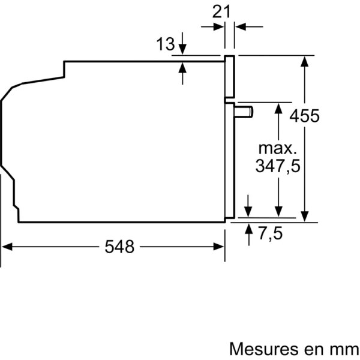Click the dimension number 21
click(221, 12)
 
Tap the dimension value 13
click(166, 44)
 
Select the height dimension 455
click(304, 116)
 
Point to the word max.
click(277, 149)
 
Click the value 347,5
click(278, 166)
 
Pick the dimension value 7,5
click(271, 233)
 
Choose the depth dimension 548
click(119, 247)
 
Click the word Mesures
click(265, 349)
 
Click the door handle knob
click(244, 112)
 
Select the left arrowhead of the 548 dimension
click(7, 247)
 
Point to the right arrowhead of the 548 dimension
click(218, 247)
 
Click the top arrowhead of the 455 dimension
click(304, 62)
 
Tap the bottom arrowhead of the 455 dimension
click(304, 217)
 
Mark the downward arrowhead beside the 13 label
click(182, 49)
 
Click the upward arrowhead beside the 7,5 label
click(248, 229)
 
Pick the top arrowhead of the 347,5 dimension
click(278, 108)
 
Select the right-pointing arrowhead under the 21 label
click(218, 26)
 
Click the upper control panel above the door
click(229, 76)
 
